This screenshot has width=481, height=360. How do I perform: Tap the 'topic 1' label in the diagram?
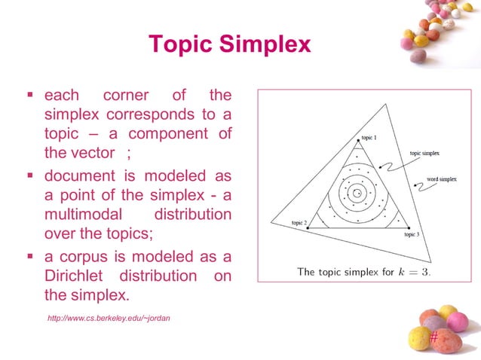pos(369,138)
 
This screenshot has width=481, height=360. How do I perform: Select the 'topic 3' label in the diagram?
pos(411,235)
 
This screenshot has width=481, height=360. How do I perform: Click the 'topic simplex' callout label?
pos(425,153)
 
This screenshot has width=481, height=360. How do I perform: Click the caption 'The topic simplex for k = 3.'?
pos(363,271)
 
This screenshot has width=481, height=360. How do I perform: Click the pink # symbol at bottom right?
pos(433,338)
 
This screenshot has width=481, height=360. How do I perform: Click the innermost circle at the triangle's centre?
pos(357,192)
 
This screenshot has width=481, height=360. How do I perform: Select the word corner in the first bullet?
pos(126,96)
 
